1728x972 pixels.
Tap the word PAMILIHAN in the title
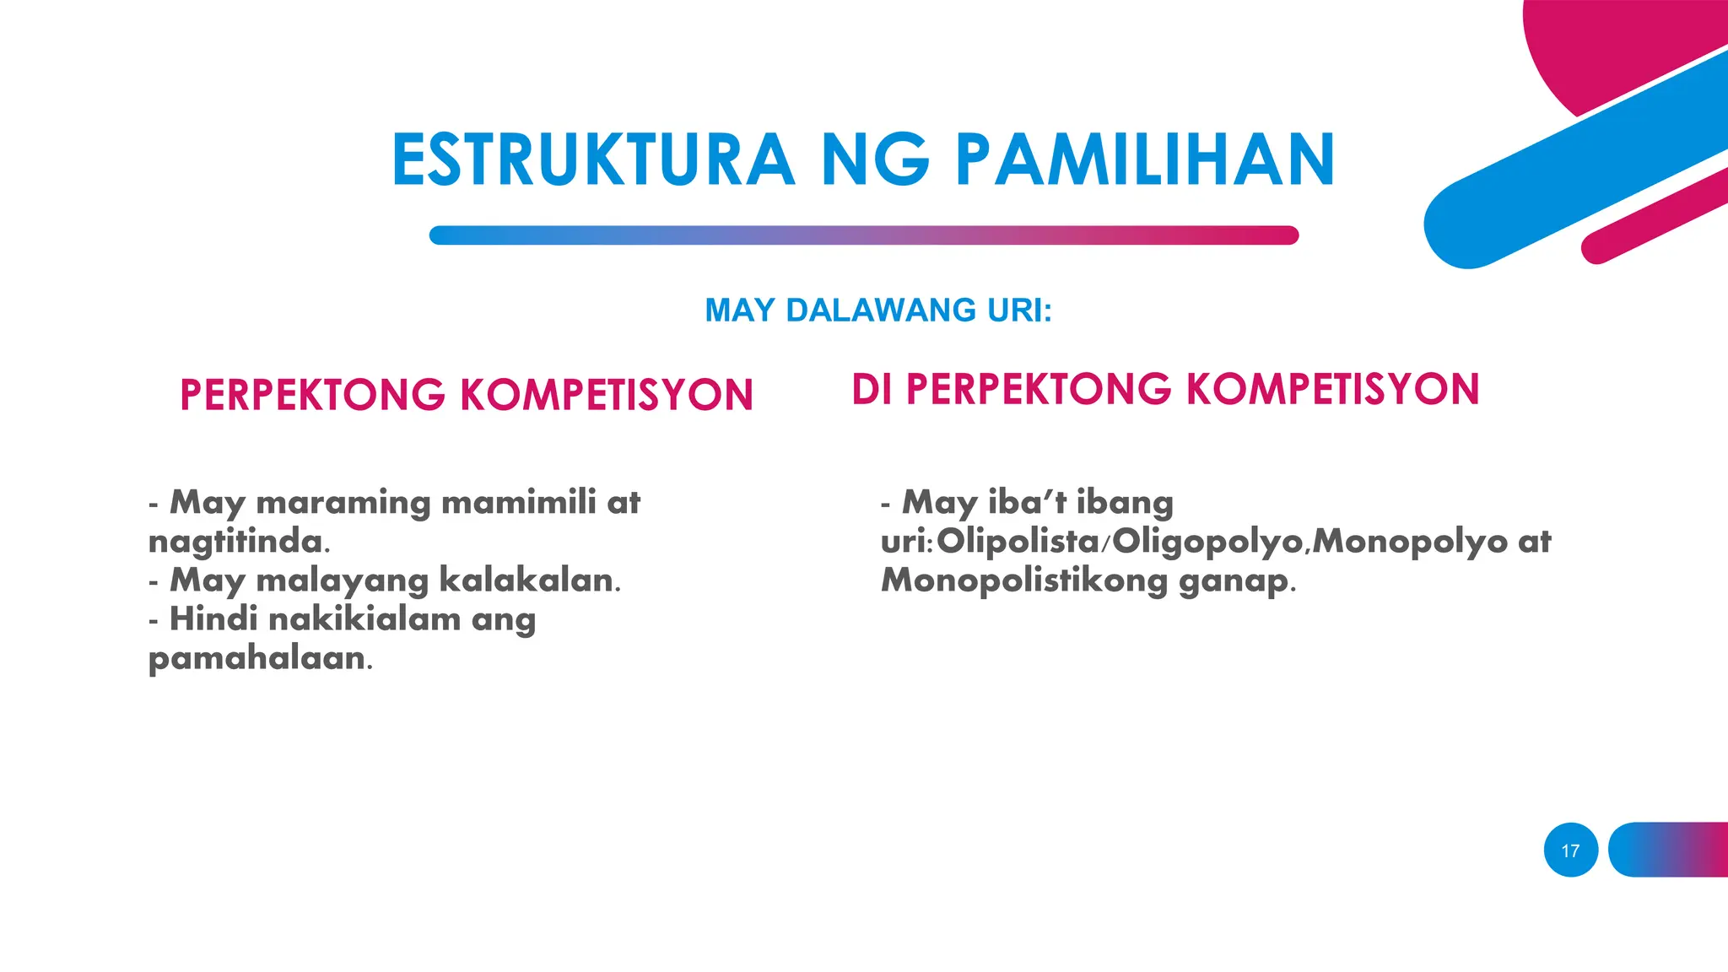point(1145,160)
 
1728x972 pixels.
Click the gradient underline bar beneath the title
point(863,235)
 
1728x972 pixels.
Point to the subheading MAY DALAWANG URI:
point(878,310)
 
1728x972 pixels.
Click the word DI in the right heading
point(872,390)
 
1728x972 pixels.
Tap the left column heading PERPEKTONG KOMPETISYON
point(467,395)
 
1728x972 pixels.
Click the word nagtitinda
point(238,542)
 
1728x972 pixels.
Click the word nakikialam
point(364,619)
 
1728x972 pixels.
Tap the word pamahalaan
point(258,659)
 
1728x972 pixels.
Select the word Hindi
point(213,619)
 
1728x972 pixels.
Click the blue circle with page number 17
point(1570,850)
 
